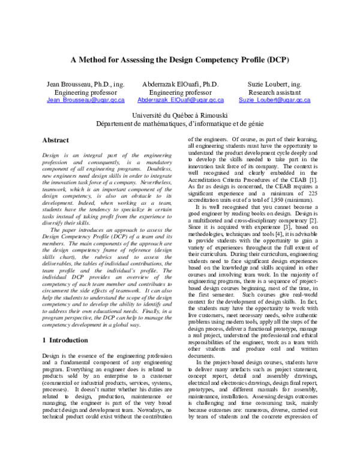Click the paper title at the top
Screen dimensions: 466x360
tap(180, 60)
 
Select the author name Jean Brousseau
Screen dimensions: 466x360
tap(77, 85)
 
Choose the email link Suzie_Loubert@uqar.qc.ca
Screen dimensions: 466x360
tap(274, 100)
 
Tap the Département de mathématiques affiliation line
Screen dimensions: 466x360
tap(180, 124)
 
